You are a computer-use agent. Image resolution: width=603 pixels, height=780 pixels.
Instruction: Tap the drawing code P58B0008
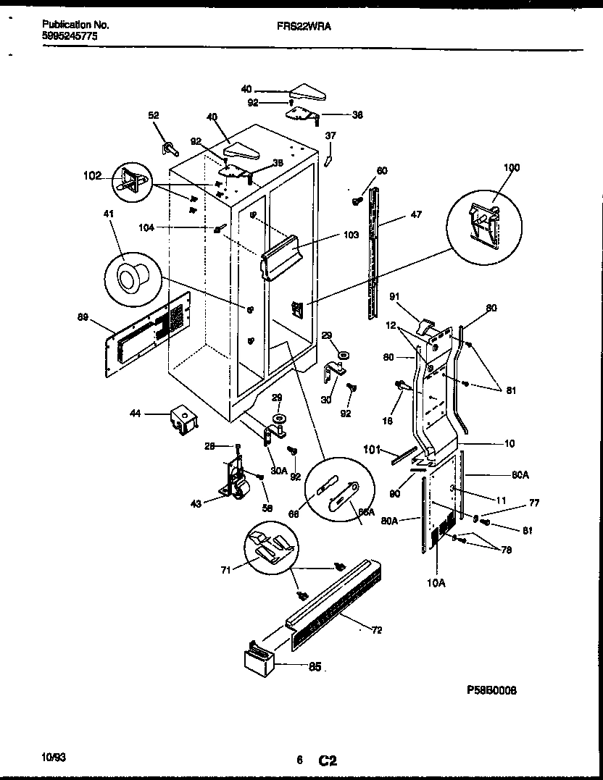[x=492, y=691]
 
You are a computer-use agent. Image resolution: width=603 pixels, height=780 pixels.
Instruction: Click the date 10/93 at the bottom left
[x=54, y=758]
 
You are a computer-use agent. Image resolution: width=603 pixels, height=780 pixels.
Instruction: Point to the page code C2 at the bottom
[x=328, y=760]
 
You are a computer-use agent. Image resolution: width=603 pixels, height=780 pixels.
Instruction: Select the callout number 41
[x=109, y=214]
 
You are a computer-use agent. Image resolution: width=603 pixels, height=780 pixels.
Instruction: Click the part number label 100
[x=511, y=167]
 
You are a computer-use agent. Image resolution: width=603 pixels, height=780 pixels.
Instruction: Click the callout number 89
[x=84, y=316]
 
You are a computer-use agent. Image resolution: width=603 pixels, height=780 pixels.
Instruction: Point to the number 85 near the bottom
[x=315, y=667]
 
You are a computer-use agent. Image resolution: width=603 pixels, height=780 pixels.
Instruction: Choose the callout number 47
[x=415, y=215]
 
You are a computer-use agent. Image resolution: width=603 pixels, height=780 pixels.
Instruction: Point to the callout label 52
[x=154, y=115]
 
